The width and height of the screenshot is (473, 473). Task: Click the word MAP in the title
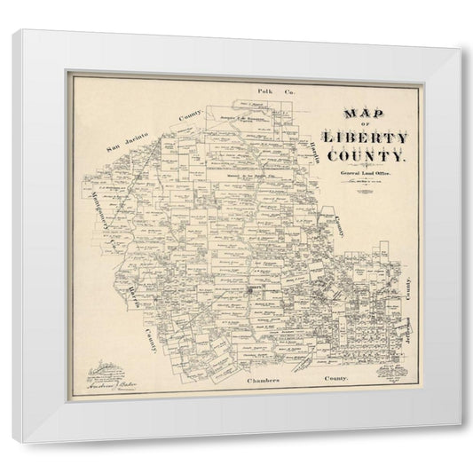coord(355,115)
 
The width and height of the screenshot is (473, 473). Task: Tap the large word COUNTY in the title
coord(368,157)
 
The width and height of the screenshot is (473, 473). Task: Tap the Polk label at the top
coord(264,91)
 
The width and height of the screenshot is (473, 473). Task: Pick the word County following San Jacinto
coord(190,120)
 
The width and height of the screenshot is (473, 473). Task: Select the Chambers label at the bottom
coord(263,379)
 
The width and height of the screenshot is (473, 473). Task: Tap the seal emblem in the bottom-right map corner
coord(387,367)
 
